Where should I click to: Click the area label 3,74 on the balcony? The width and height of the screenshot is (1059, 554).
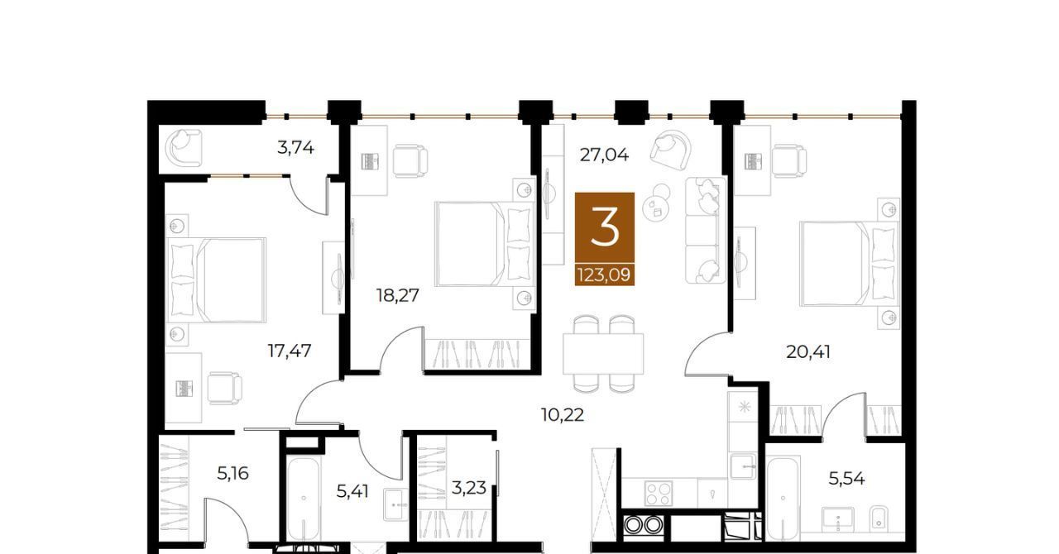pyautogui.click(x=295, y=149)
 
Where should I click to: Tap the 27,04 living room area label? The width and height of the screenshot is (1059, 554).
pyautogui.click(x=604, y=155)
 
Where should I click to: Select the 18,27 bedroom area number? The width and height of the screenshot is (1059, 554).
pyautogui.click(x=398, y=295)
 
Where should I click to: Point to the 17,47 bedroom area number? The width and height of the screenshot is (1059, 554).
pyautogui.click(x=290, y=351)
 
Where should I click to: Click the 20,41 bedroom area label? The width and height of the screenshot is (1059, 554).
pyautogui.click(x=808, y=352)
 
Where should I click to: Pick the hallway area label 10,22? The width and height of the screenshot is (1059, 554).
pyautogui.click(x=562, y=415)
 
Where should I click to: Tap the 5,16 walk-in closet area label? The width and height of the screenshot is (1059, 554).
pyautogui.click(x=232, y=473)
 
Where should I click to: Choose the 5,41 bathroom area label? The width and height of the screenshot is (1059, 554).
pyautogui.click(x=352, y=492)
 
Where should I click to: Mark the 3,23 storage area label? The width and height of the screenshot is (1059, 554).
pyautogui.click(x=468, y=488)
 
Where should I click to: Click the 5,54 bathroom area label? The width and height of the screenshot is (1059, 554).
pyautogui.click(x=846, y=479)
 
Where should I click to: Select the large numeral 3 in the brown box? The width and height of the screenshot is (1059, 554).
pyautogui.click(x=605, y=228)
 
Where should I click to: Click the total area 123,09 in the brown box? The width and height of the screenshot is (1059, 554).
pyautogui.click(x=604, y=275)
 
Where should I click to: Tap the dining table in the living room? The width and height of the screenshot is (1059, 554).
pyautogui.click(x=603, y=354)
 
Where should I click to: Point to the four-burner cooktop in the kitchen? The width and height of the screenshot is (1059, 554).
pyautogui.click(x=658, y=494)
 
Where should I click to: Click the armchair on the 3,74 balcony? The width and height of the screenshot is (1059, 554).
pyautogui.click(x=184, y=147)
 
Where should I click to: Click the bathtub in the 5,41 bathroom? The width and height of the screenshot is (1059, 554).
pyautogui.click(x=304, y=498)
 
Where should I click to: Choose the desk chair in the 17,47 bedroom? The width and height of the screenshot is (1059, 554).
pyautogui.click(x=224, y=389)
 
